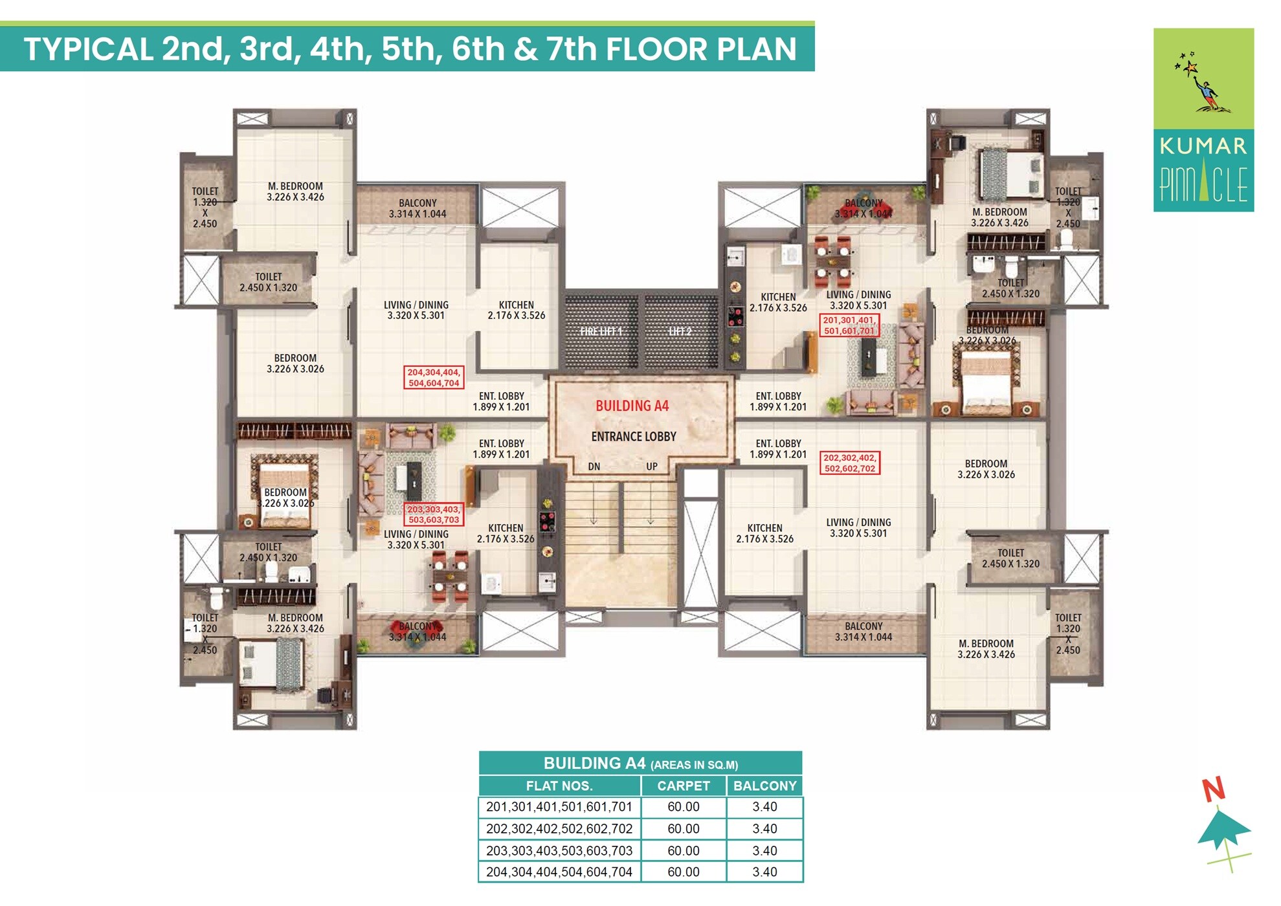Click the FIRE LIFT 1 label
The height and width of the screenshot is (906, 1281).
pyautogui.click(x=601, y=331)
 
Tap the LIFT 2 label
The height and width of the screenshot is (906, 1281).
pyautogui.click(x=680, y=331)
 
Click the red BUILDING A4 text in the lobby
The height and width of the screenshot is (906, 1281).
pyautogui.click(x=632, y=406)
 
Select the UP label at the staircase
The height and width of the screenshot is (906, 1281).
pyautogui.click(x=651, y=467)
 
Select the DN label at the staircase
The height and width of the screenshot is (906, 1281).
pyautogui.click(x=594, y=467)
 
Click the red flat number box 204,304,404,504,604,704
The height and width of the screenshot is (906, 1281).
pyautogui.click(x=434, y=378)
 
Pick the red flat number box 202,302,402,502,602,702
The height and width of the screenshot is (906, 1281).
pyautogui.click(x=849, y=463)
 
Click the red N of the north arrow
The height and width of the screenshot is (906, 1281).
pyautogui.click(x=1214, y=790)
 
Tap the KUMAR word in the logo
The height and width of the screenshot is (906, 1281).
pyautogui.click(x=1203, y=146)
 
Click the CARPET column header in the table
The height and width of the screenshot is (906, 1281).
pyautogui.click(x=683, y=786)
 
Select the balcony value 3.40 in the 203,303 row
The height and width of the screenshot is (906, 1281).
pyautogui.click(x=764, y=851)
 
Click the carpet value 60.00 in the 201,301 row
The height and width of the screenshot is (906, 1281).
pyautogui.click(x=683, y=807)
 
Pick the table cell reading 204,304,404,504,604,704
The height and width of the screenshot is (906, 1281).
pyautogui.click(x=559, y=872)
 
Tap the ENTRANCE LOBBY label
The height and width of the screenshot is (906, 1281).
pyautogui.click(x=633, y=437)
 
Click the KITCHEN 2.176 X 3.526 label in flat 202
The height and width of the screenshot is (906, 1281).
pyautogui.click(x=764, y=534)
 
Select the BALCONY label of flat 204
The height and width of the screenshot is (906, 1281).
pyautogui.click(x=418, y=208)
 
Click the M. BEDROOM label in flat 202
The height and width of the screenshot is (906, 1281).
pyautogui.click(x=986, y=649)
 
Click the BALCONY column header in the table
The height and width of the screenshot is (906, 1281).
pyautogui.click(x=764, y=786)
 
